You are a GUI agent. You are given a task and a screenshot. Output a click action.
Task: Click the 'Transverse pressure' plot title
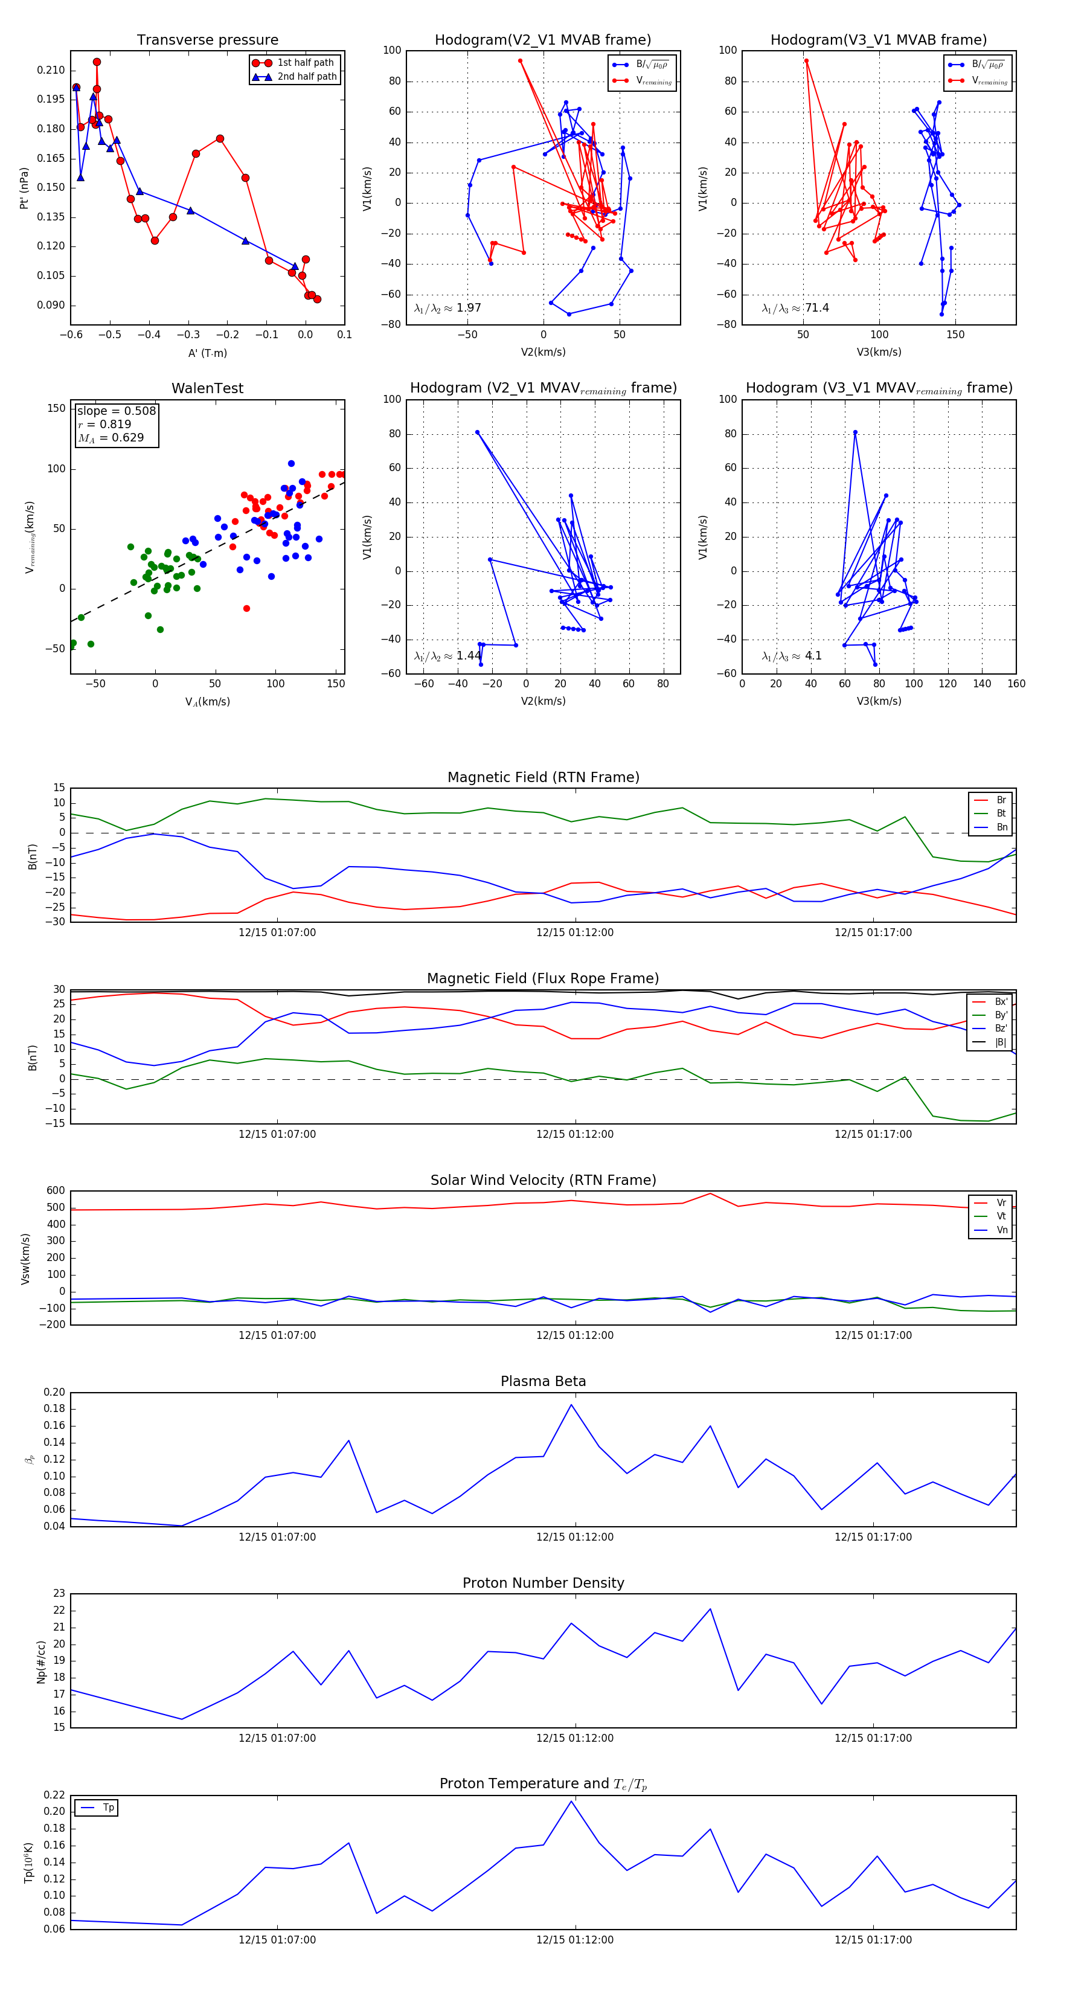pos(207,40)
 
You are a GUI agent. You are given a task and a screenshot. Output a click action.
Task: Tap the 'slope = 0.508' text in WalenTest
pos(116,411)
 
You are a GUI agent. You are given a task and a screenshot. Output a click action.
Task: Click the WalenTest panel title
pos(207,388)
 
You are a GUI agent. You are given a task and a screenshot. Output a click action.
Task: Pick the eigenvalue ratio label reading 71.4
pos(795,308)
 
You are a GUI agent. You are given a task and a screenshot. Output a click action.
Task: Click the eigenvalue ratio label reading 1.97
pos(447,308)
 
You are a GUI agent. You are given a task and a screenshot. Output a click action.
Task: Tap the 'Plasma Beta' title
pos(543,1381)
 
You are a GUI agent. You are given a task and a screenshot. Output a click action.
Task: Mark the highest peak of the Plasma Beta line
pos(572,1405)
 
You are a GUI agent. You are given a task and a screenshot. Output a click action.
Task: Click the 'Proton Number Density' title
pos(543,1583)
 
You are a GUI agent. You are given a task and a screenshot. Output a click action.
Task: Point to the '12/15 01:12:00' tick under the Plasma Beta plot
pos(575,1536)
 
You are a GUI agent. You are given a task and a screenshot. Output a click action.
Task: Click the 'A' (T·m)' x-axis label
pos(207,353)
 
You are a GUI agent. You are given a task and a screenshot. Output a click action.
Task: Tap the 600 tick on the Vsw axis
pos(56,1191)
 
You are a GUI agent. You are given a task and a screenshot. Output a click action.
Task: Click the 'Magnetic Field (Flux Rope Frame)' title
pos(543,979)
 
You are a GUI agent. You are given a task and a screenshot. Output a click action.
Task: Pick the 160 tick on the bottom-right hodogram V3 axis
pos(1016,683)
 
